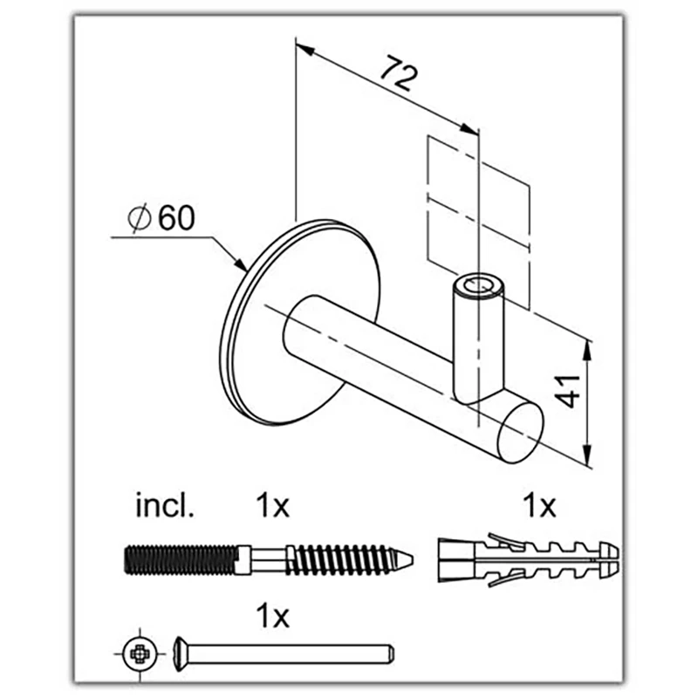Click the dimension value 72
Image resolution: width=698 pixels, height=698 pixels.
(x=400, y=73)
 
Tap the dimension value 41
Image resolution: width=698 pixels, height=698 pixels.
(x=570, y=391)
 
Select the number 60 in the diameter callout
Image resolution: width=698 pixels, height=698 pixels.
(x=177, y=218)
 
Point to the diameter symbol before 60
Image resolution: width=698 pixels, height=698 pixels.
(x=140, y=219)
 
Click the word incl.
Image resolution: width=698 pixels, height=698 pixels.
(x=165, y=506)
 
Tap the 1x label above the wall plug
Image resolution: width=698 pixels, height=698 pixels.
(x=539, y=506)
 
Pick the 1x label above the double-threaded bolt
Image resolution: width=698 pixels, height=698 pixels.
(x=272, y=506)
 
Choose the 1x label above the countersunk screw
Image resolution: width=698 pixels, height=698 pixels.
(x=272, y=616)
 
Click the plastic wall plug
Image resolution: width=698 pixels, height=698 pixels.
(x=529, y=559)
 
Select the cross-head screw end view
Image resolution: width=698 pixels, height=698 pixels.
(x=140, y=654)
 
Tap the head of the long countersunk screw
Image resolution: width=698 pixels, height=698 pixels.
(x=181, y=654)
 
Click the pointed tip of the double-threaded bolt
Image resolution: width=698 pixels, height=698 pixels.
(x=412, y=560)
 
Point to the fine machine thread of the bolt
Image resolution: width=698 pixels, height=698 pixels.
(x=181, y=559)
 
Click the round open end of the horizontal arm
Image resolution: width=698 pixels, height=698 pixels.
(x=519, y=432)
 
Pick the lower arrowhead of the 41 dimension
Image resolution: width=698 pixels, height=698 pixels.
(x=587, y=455)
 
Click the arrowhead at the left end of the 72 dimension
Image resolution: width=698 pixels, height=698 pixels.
(x=305, y=49)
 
